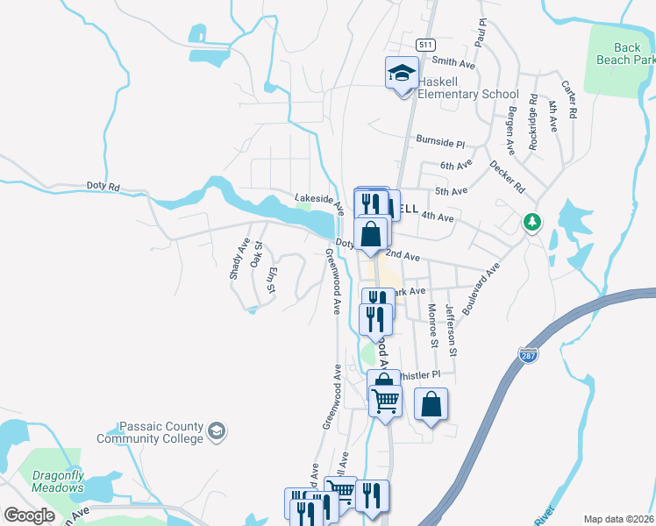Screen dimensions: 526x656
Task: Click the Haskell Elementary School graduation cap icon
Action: pyautogui.click(x=402, y=73)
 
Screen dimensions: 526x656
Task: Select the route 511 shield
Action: pyautogui.click(x=426, y=45)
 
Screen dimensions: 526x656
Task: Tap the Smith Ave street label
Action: pyautogui.click(x=454, y=63)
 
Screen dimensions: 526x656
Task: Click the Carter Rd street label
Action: pyautogui.click(x=571, y=100)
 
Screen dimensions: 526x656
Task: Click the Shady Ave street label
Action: pyautogui.click(x=239, y=259)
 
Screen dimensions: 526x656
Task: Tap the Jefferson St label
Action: pyautogui.click(x=451, y=331)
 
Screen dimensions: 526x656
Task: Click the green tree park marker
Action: pyautogui.click(x=531, y=222)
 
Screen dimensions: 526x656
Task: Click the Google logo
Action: pyautogui.click(x=29, y=515)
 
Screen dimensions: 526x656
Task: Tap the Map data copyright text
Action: pyautogui.click(x=618, y=519)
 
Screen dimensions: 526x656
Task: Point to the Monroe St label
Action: pyautogui.click(x=431, y=324)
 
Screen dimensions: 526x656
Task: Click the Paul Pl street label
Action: pyautogui.click(x=481, y=36)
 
